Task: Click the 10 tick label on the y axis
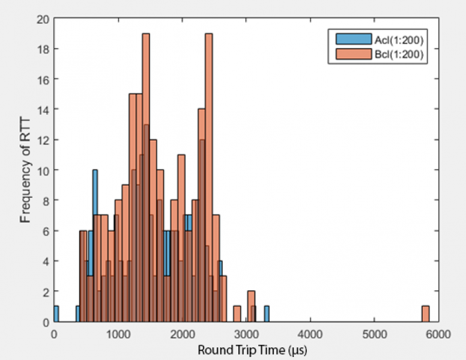(41, 169)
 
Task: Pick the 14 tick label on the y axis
(41, 109)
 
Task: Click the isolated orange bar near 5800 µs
(425, 314)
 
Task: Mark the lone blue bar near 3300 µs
(266, 314)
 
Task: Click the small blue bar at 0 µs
(56, 314)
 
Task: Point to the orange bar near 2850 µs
(237, 314)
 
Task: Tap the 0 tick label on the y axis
(44, 322)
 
